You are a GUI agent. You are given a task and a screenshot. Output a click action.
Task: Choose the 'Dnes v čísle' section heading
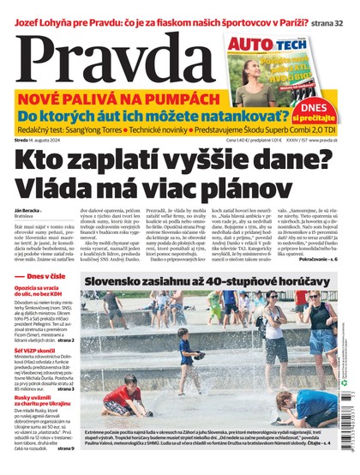tap(43, 275)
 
